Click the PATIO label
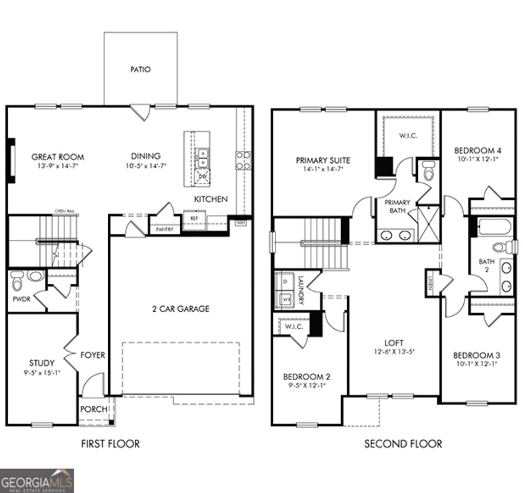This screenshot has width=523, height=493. pos(140,69)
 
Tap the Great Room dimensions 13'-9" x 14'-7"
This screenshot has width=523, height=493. pos(57,166)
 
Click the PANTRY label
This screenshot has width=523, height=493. pos(164,230)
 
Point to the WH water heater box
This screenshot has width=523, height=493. pos(240,223)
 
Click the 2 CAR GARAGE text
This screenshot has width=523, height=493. pos(181,309)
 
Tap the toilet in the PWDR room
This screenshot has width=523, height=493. pos(18,280)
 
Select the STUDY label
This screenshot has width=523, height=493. pos(41,363)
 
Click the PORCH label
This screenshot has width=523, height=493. pos(94,409)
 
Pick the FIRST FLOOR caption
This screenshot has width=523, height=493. pos(110,444)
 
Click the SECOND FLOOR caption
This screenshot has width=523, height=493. pos(403,444)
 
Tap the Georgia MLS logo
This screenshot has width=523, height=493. pos(37,480)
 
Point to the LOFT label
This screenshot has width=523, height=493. pos(394,343)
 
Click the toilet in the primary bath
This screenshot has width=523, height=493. pos(429,171)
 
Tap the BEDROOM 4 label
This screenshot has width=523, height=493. pos(478,151)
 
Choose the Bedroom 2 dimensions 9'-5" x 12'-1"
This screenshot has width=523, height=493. pos(306,386)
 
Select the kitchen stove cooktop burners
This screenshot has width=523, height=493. pos(243,160)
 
